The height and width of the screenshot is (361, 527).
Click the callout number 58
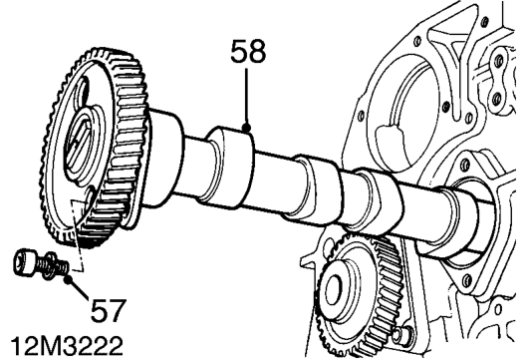248,51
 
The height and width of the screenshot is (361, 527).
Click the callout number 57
109,310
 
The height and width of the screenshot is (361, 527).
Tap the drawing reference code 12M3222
67,346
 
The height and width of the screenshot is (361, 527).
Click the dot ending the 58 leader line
247,128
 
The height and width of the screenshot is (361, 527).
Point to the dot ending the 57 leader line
69,278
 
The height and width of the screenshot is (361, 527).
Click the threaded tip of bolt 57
63,266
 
